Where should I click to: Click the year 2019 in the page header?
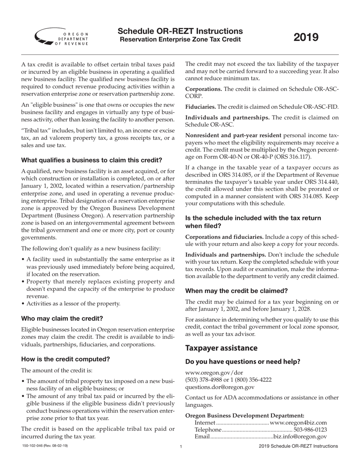click(306, 37)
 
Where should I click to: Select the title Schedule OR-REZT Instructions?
click(180, 31)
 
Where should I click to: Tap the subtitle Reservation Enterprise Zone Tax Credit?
click(180, 40)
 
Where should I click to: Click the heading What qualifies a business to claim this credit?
click(92, 160)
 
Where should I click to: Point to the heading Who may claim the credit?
click(62, 318)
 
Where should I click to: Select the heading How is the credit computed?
click(66, 359)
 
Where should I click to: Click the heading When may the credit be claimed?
click(236, 291)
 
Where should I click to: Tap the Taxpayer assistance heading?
click(221, 348)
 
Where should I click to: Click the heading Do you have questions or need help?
click(243, 361)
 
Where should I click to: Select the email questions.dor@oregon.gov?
click(220, 387)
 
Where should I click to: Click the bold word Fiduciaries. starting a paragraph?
click(200, 107)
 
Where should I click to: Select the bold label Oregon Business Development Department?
click(245, 415)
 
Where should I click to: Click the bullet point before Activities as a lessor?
click(23, 303)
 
